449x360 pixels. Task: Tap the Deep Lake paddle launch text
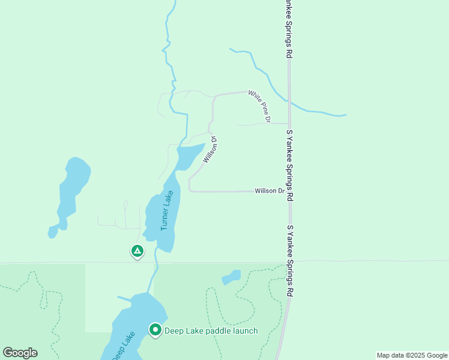coord(211,331)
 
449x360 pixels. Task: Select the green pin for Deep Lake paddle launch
coord(155,330)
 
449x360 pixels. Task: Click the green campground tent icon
coord(137,251)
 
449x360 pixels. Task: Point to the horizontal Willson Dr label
coord(269,191)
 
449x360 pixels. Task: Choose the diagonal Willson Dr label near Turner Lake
coord(209,149)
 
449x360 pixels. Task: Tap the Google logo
coord(20,352)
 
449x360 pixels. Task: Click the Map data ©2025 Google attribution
coord(412,355)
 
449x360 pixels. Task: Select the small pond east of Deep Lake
coord(231,277)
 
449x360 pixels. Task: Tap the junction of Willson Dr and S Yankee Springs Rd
coord(289,192)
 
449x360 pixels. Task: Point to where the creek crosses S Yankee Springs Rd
coord(289,103)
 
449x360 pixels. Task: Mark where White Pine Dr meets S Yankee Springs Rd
coord(289,124)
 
